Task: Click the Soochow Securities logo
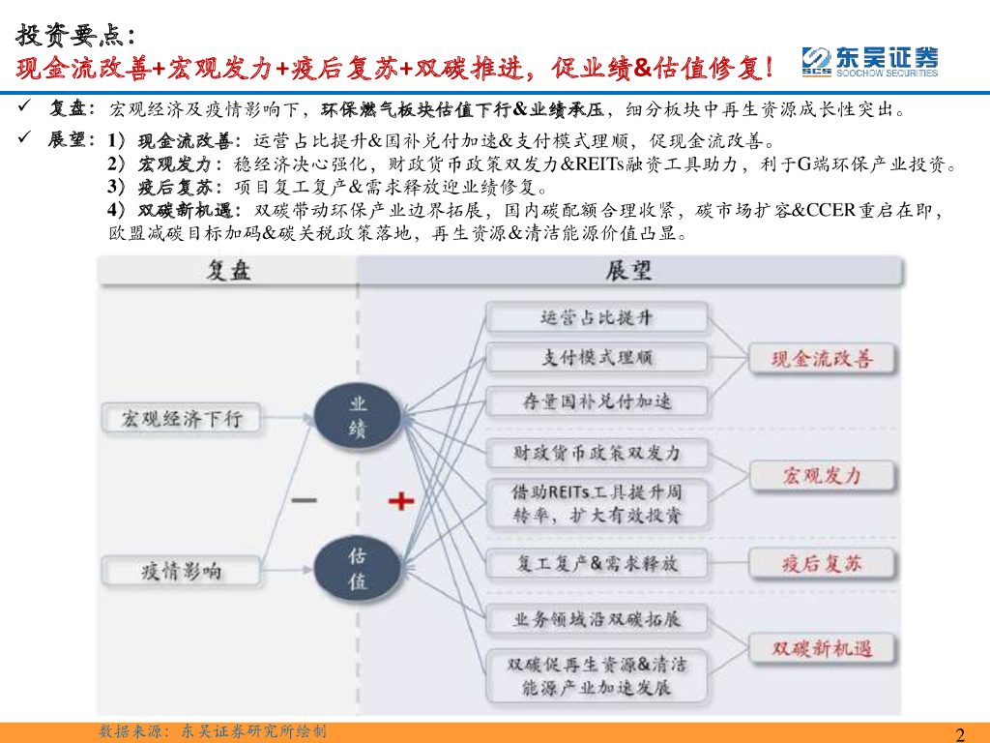click(869, 61)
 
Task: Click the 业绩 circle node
click(358, 417)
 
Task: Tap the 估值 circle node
click(358, 569)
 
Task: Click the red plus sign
click(401, 500)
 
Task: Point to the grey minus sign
click(304, 500)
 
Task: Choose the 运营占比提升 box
click(597, 316)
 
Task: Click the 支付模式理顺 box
click(597, 358)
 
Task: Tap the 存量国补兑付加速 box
click(597, 401)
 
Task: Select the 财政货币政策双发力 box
click(597, 452)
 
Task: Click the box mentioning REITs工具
click(597, 503)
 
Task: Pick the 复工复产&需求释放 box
click(597, 563)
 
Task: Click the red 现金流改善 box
click(822, 359)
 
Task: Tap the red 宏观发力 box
click(822, 475)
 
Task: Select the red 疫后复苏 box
click(822, 563)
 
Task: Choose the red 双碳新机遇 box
click(822, 648)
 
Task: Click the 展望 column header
click(628, 272)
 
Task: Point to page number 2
click(960, 733)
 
